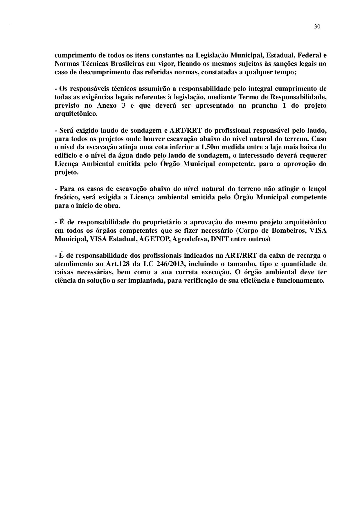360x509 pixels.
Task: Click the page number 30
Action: point(317,27)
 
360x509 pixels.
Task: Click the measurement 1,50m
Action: point(210,147)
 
